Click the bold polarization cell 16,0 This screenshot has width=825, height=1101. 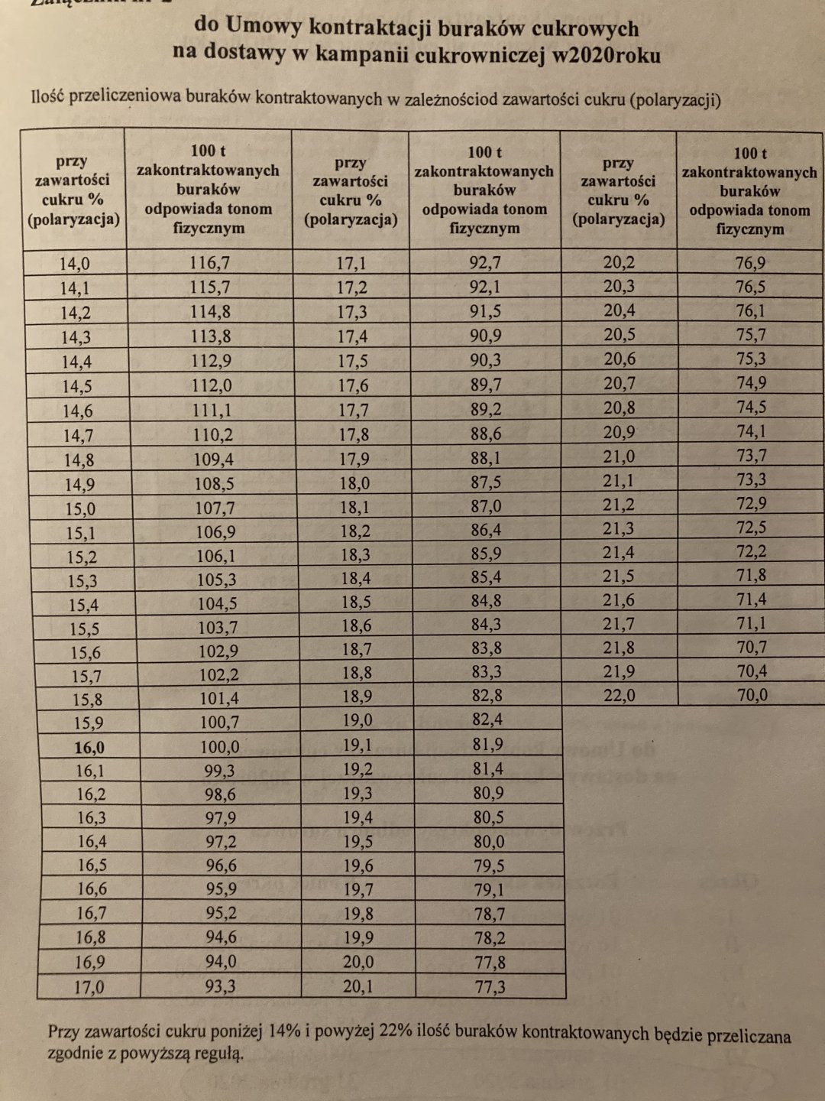point(89,748)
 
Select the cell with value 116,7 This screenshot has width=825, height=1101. point(210,263)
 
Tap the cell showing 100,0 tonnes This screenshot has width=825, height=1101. point(220,746)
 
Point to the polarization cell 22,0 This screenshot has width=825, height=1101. point(620,695)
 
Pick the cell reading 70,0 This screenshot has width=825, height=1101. point(752,695)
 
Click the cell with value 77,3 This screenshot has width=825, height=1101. point(490,986)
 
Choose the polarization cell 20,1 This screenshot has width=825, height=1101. point(358,986)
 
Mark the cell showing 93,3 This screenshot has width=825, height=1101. point(220,986)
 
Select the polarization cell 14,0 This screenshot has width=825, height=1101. point(75,265)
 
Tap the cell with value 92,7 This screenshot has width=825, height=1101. point(485,263)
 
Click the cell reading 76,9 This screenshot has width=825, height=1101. point(750,263)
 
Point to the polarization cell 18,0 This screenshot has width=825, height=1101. point(354,483)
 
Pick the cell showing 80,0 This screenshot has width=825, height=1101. point(489,841)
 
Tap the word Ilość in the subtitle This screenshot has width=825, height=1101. point(47,98)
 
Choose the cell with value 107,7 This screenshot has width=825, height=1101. point(215,508)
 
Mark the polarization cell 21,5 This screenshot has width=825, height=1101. point(619,576)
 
